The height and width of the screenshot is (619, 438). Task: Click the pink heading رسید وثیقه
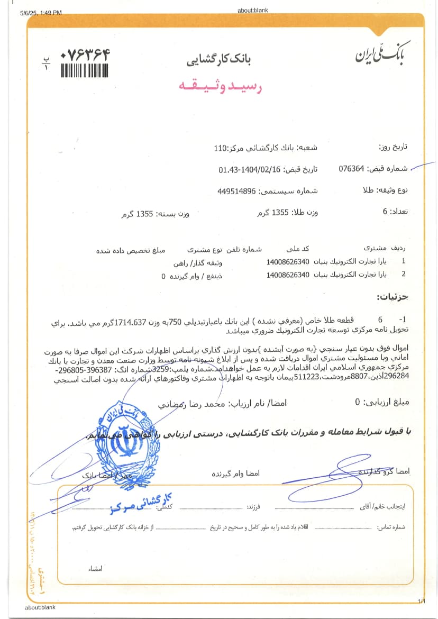tap(218, 86)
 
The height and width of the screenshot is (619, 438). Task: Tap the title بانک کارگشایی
tap(218, 60)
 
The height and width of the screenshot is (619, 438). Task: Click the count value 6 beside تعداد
tap(385, 212)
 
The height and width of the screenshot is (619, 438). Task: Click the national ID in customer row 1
tap(288, 262)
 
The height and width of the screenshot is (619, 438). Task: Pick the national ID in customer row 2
tap(288, 275)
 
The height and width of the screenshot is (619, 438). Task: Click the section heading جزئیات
tap(393, 297)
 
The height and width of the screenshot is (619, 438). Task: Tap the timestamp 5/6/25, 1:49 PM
tap(40, 13)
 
